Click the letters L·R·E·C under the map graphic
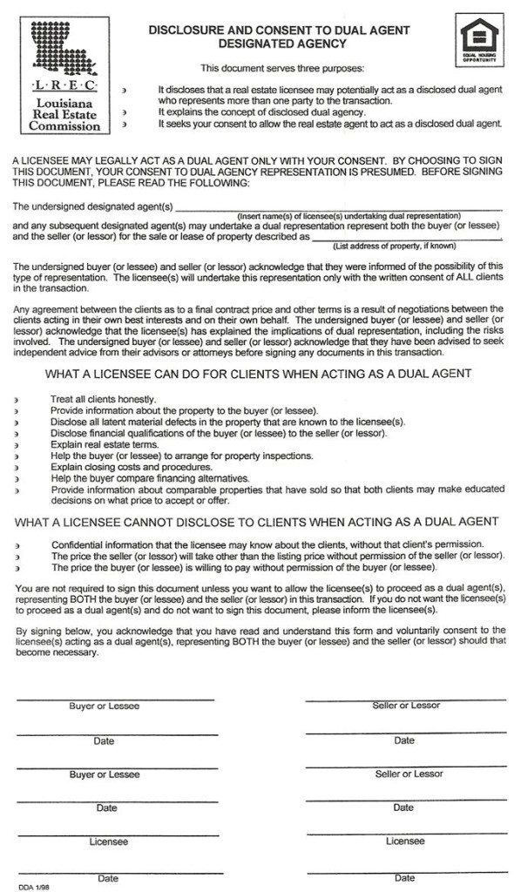(64, 89)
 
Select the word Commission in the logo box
(64, 125)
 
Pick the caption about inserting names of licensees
(348, 215)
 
